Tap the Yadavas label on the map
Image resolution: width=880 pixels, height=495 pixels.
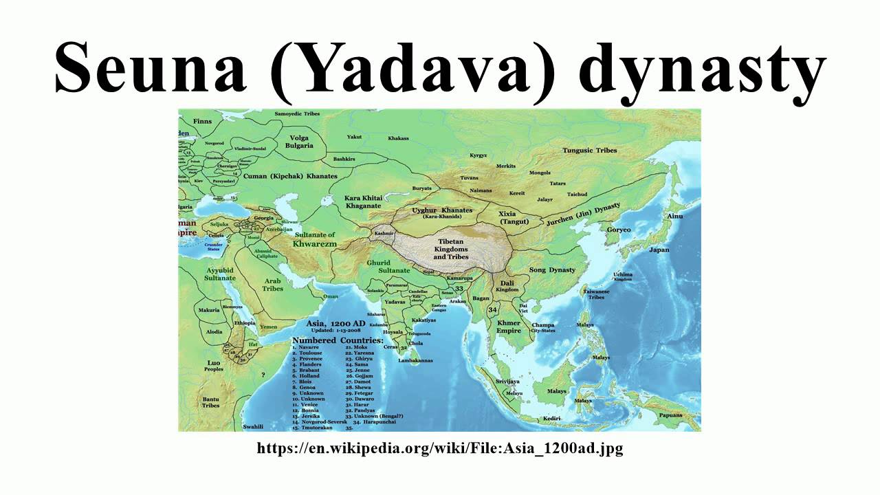tap(395, 302)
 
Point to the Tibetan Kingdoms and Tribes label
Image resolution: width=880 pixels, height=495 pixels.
tap(451, 250)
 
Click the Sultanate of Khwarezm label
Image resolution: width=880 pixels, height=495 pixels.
tap(314, 239)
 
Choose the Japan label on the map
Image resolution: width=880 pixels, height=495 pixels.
tap(659, 250)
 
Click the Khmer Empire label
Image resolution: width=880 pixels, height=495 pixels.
tap(509, 327)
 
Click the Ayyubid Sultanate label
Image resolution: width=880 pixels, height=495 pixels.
tap(220, 274)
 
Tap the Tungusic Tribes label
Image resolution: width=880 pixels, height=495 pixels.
tap(589, 150)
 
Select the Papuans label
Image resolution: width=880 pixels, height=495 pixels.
tap(670, 415)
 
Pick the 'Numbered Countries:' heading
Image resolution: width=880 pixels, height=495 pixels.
tap(338, 340)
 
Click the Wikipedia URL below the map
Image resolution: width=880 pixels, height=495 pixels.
tap(440, 448)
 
